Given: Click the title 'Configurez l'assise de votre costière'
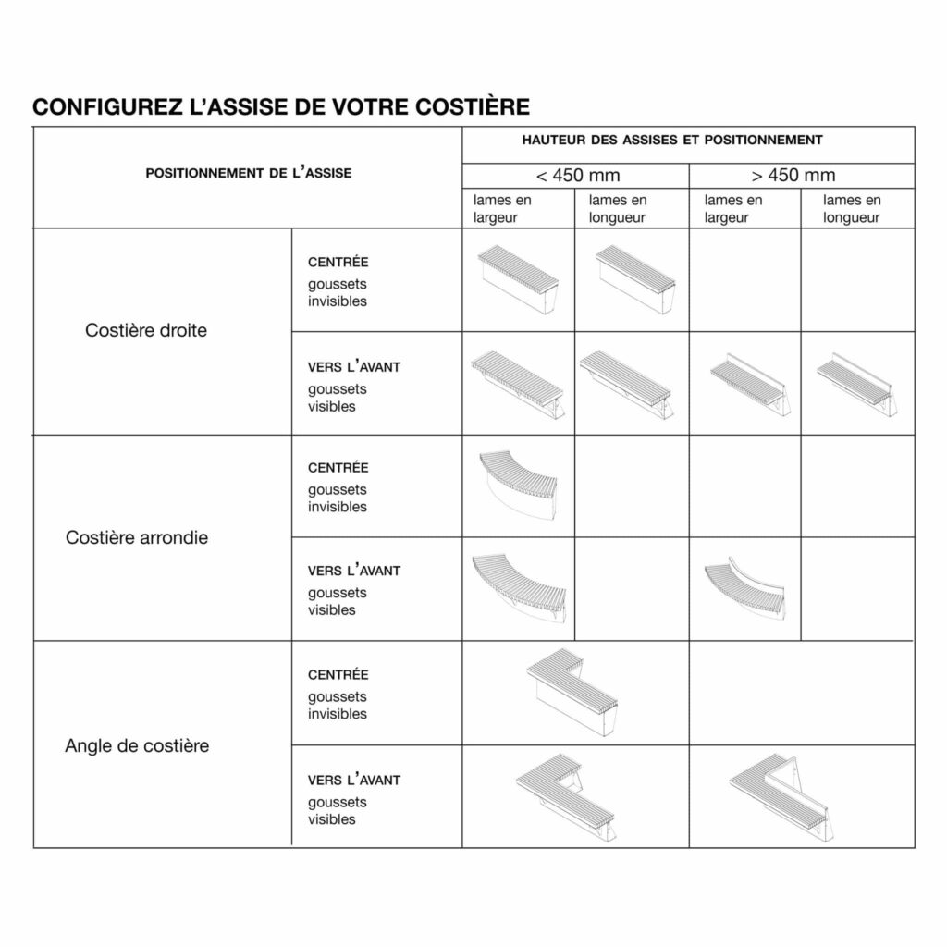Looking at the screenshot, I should [x=281, y=106].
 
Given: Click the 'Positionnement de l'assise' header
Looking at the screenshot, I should [x=249, y=173].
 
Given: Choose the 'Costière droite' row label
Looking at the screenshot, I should [x=146, y=330].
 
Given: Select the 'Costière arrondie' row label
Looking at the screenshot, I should [x=137, y=537].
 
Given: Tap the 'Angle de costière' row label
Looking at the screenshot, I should [x=137, y=745].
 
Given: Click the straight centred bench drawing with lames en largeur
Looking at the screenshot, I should [x=519, y=280].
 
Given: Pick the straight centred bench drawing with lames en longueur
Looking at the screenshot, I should [x=635, y=280].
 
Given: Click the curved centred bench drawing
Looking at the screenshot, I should [x=519, y=484].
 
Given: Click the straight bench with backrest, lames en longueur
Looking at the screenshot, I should [x=855, y=382].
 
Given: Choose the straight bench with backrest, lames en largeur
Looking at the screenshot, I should [x=750, y=383].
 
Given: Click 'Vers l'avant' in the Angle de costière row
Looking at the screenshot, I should [x=354, y=780].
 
